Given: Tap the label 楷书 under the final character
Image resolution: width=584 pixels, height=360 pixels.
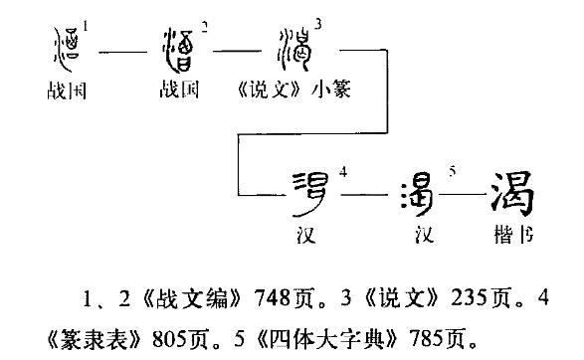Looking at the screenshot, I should pyautogui.click(x=511, y=238).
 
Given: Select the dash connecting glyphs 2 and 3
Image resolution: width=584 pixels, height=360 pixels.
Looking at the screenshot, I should pyautogui.click(x=234, y=48).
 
